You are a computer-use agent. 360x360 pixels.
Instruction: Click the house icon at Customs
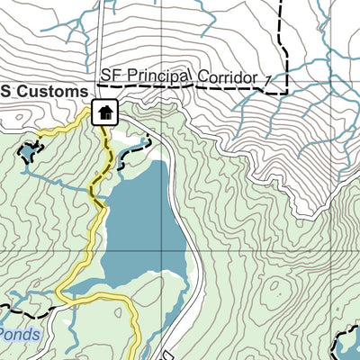104,113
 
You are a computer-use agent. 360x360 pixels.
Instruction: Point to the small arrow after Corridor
267,82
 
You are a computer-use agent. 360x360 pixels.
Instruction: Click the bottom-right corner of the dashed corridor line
285,92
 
